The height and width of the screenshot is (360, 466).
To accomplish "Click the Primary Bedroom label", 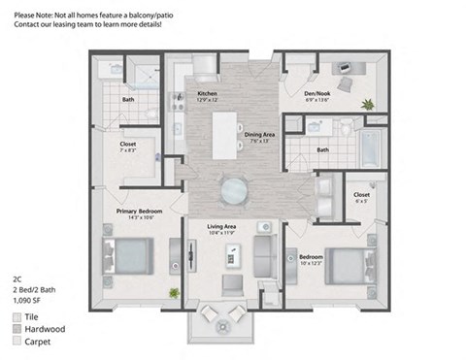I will [x=139, y=211].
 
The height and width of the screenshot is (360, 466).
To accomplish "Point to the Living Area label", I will [x=222, y=230].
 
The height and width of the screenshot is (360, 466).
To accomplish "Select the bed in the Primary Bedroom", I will [x=125, y=257].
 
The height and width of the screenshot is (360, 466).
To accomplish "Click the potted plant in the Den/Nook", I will [x=367, y=103].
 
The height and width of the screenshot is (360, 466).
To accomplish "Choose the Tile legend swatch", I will [x=18, y=317].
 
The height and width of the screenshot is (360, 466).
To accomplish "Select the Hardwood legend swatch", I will [x=18, y=330].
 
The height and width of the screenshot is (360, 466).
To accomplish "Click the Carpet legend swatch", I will [x=18, y=343].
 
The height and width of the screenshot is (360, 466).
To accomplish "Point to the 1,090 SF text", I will [x=28, y=301].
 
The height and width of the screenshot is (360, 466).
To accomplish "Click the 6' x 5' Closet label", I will [x=361, y=197].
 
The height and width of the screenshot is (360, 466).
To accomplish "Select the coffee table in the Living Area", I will [x=232, y=255].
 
